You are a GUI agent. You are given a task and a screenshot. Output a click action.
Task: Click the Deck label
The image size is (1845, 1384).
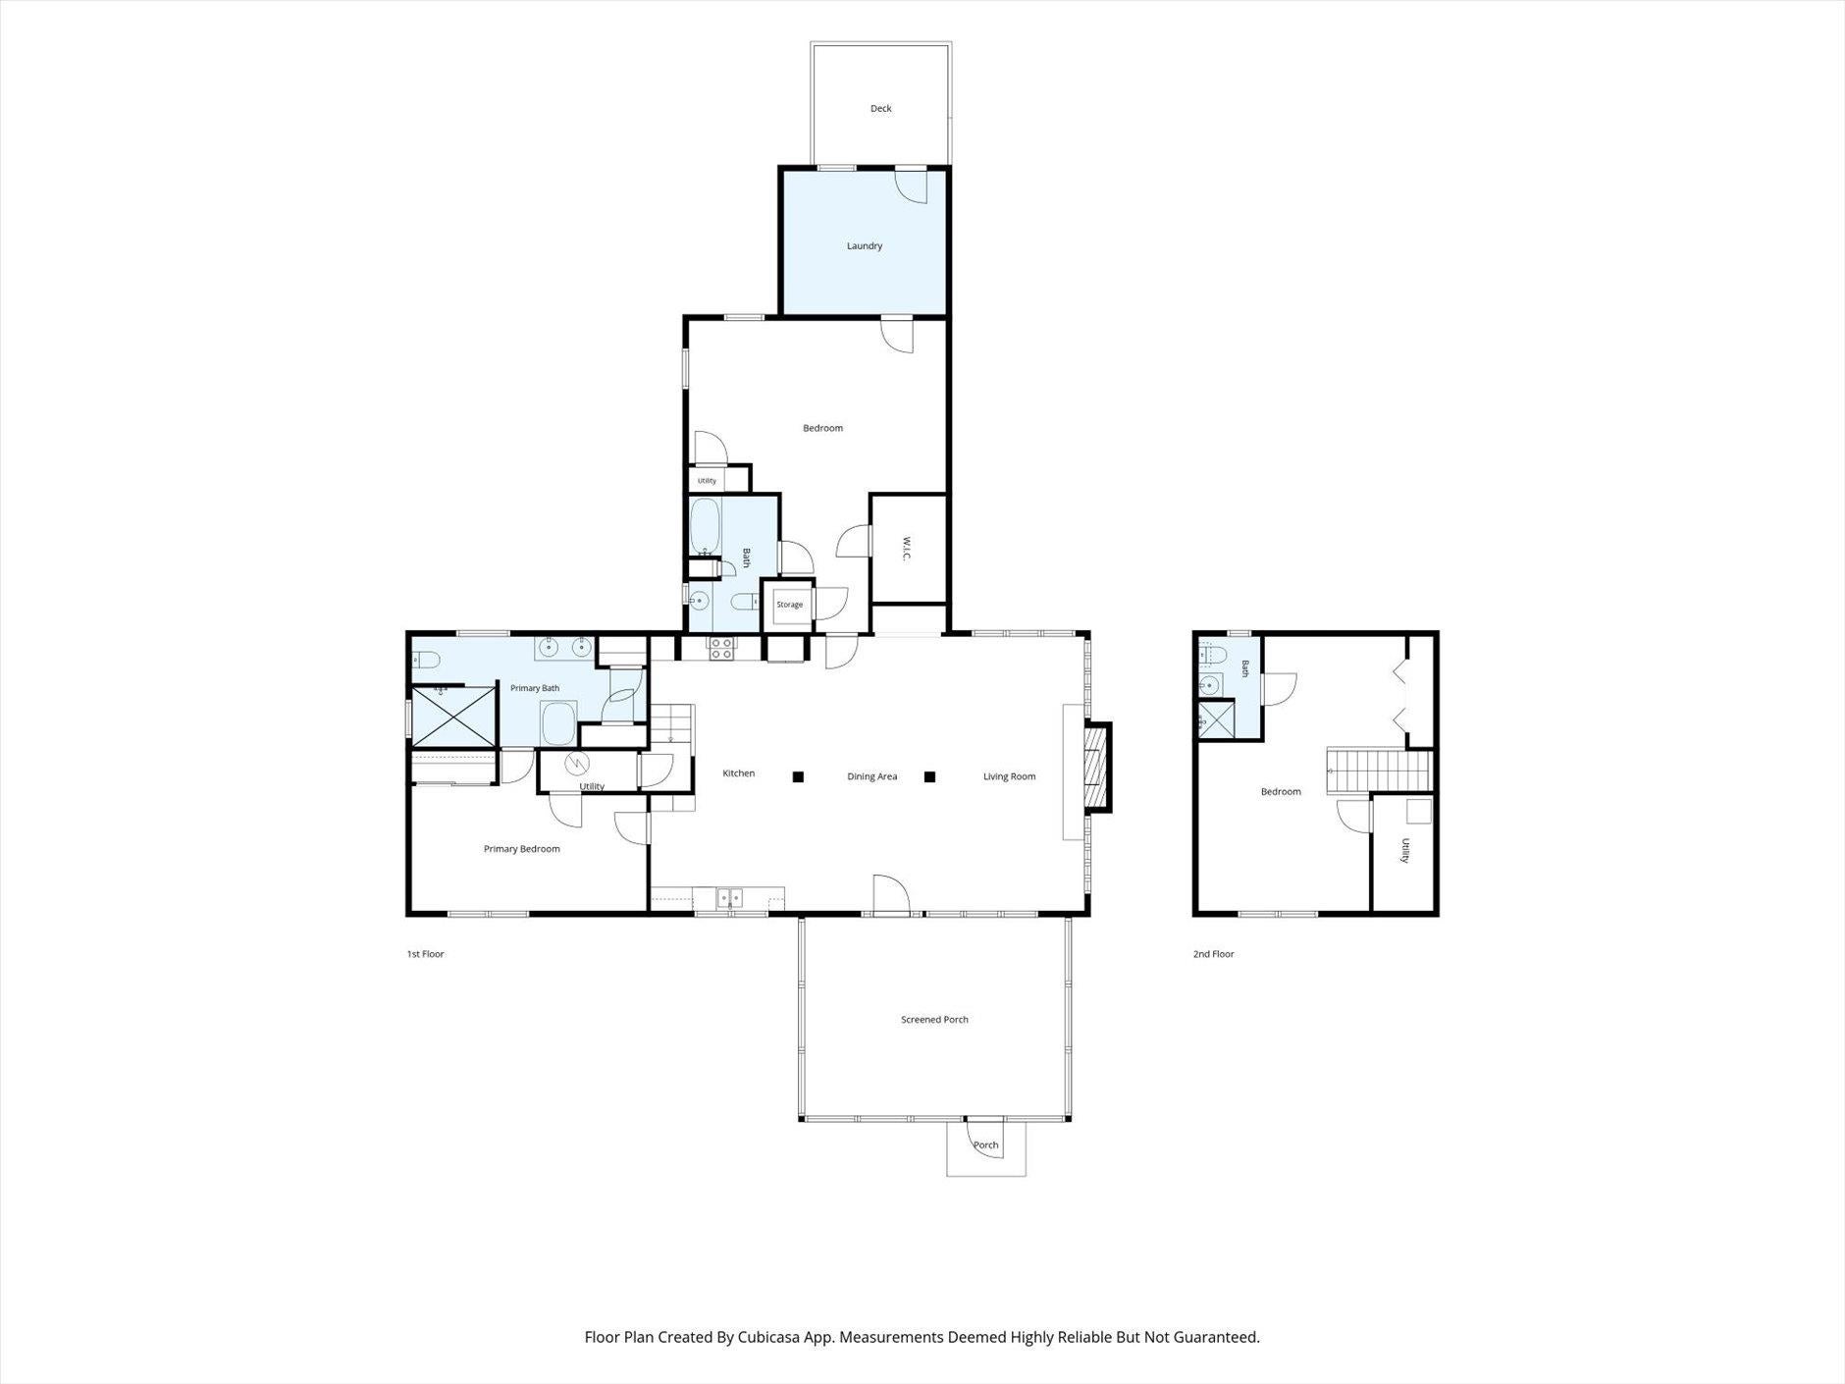pos(880,109)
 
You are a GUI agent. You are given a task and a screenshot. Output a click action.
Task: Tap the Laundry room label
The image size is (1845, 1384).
pos(865,246)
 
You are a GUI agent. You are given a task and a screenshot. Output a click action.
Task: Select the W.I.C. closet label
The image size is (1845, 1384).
pos(907,549)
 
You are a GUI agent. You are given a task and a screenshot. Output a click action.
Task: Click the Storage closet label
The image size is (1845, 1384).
pos(790,605)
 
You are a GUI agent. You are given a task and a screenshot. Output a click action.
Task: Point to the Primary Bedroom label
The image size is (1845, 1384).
pos(521,849)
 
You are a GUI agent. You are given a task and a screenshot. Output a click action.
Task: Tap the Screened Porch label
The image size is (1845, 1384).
pos(934,1020)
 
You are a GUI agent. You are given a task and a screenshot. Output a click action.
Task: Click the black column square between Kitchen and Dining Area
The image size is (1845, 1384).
pos(799,777)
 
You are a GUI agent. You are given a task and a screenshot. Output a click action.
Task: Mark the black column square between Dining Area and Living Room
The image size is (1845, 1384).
pos(930,777)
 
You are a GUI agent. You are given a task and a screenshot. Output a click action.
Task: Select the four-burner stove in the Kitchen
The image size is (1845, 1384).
pos(721,648)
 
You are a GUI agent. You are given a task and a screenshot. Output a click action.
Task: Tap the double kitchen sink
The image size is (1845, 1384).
pos(729,897)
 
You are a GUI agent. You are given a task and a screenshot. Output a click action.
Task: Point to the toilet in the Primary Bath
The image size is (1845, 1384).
pos(428,659)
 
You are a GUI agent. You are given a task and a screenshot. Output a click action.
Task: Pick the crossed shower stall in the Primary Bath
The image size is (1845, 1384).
pos(453,716)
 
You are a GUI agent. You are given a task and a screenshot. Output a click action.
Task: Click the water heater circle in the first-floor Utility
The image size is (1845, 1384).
pos(578,762)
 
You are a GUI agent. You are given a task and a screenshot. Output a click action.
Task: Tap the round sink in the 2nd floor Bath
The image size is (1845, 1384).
pos(1210,685)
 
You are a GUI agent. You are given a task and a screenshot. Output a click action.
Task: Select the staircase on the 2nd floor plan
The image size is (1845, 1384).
pos(1378,769)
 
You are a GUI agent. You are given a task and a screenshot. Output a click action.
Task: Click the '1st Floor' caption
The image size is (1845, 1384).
pos(426,954)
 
